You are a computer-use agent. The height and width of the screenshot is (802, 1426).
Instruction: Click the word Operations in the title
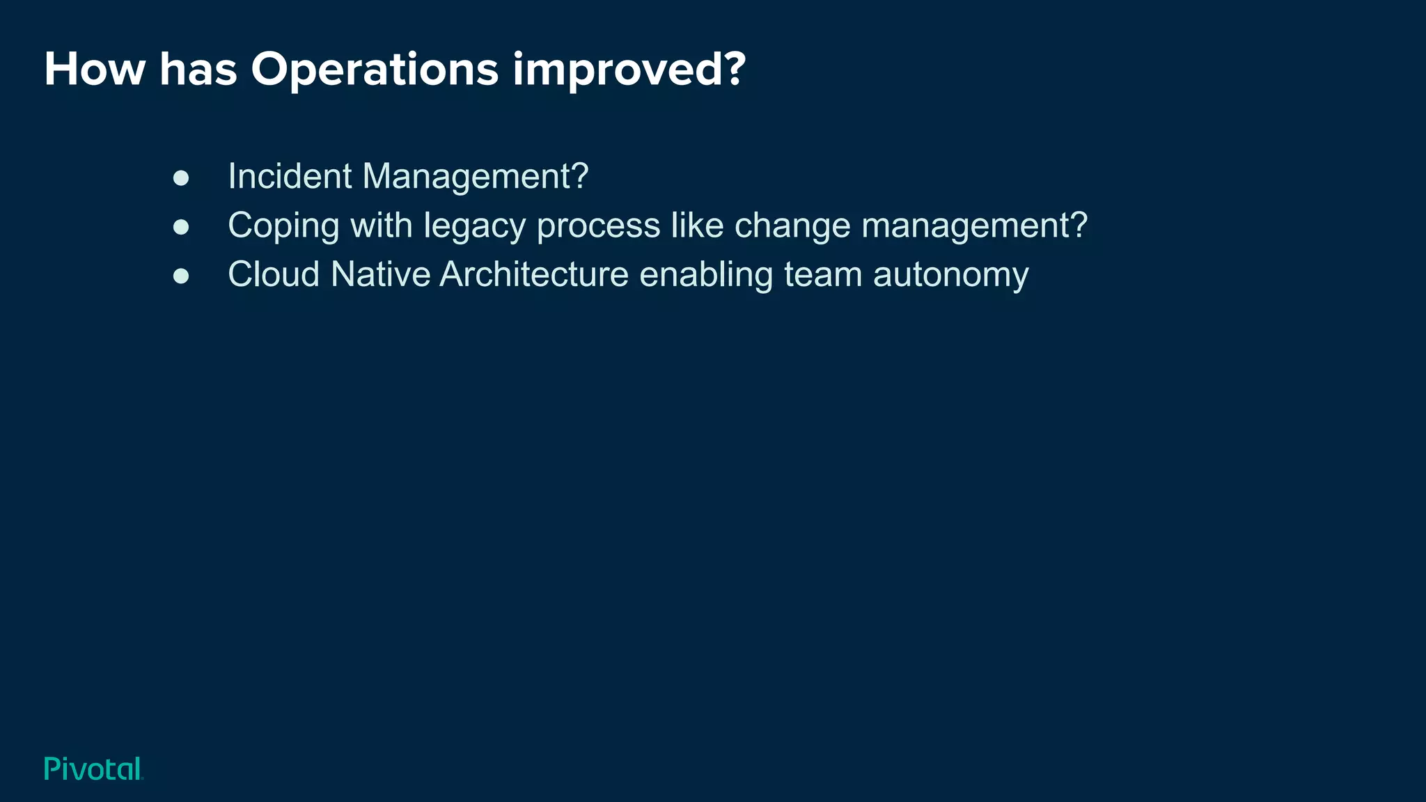[375, 70]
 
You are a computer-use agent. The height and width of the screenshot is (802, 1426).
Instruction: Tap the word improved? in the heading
[629, 70]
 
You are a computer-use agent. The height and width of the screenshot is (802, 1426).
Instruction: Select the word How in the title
[95, 70]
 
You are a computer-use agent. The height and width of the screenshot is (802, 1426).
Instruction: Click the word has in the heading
[198, 70]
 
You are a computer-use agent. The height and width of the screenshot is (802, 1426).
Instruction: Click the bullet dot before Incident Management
[181, 178]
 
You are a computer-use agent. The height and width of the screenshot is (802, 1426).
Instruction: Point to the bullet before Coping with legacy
[181, 227]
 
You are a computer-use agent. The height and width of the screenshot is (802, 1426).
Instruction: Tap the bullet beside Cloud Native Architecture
[181, 276]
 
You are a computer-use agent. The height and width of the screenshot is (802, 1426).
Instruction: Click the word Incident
[290, 176]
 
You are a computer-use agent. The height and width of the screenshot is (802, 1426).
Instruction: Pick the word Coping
[283, 226]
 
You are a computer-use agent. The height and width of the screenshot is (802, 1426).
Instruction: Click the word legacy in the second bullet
[474, 226]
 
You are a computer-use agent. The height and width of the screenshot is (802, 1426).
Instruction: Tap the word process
[598, 226]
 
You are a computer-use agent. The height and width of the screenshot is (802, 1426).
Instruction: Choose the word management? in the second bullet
[974, 226]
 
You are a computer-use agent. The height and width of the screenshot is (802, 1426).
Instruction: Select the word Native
[380, 274]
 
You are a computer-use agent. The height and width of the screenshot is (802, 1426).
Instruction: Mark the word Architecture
[534, 274]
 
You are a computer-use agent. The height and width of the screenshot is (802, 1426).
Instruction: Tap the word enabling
[706, 274]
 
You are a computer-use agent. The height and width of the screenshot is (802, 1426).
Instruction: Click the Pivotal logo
[93, 769]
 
